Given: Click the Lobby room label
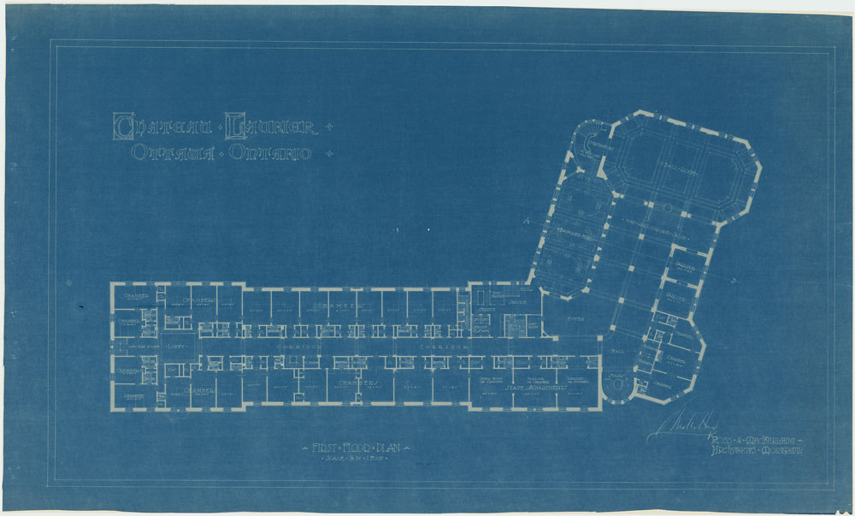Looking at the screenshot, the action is coord(177,347).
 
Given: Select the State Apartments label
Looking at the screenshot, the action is coord(535,388).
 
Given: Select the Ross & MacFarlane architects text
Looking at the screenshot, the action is coord(752,445).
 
